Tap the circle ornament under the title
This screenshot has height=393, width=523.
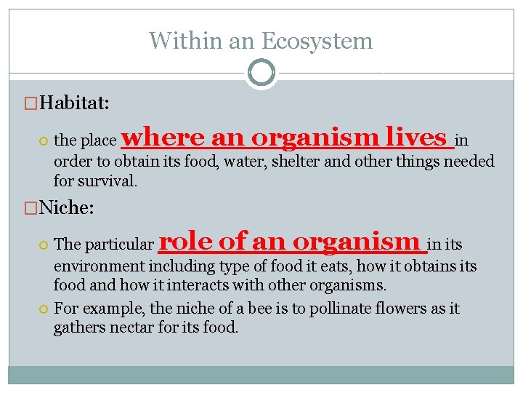261,73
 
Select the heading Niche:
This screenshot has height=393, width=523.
67,209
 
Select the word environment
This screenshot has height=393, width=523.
99,266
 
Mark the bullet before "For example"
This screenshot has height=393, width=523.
44,309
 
